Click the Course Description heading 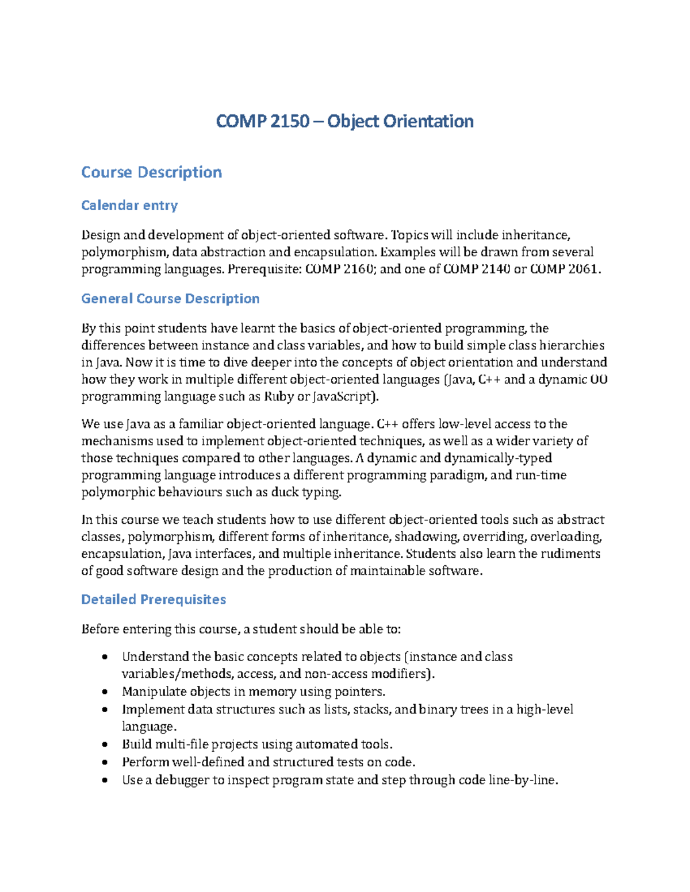(151, 172)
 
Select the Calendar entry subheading (129, 205)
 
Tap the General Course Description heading (170, 299)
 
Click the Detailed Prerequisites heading (154, 600)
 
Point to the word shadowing (426, 537)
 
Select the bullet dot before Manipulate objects (105, 692)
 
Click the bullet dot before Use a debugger (105, 781)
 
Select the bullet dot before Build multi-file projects (105, 745)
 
